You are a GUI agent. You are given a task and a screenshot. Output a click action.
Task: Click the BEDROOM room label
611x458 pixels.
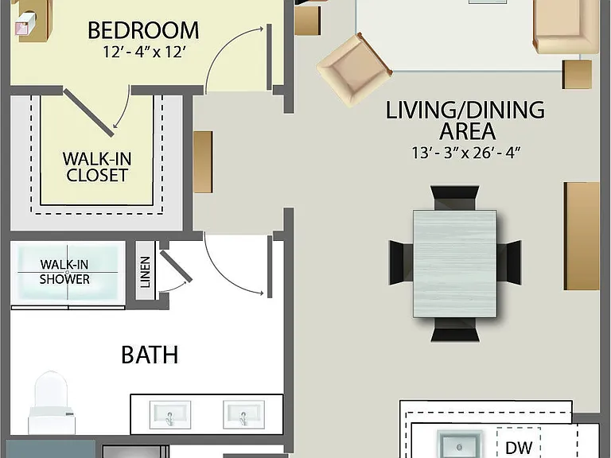143,30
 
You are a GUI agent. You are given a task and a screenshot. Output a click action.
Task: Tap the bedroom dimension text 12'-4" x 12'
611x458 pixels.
143,52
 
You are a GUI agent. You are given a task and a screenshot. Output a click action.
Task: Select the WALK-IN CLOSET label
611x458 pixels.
97,167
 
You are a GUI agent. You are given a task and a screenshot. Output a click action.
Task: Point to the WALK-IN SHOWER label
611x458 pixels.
64,272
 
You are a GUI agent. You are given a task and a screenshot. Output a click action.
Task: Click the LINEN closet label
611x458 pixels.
145,272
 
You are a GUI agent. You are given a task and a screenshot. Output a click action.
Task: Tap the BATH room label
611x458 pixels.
150,355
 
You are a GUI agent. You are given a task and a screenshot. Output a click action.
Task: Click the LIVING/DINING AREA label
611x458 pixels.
465,120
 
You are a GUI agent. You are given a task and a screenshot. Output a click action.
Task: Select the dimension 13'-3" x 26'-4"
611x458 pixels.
466,153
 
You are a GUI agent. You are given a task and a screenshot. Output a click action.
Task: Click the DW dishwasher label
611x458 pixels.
519,447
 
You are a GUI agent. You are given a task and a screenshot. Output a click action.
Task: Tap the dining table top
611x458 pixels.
455,264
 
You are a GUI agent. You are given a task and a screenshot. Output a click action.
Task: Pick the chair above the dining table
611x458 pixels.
455,198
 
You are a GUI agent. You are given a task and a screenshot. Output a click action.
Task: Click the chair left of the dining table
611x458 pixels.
401,262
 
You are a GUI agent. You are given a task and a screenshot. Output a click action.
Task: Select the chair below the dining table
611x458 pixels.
455,329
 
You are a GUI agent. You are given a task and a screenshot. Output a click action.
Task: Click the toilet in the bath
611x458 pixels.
52,403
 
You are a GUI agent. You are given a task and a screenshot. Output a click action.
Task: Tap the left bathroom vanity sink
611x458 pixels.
170,415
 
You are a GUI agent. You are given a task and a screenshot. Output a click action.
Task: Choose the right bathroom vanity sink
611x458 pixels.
243,415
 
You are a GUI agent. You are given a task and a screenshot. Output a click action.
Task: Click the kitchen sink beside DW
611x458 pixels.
460,445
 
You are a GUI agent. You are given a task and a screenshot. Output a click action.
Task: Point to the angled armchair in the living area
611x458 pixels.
354,70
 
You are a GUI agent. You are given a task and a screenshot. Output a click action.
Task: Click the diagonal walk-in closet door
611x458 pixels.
89,113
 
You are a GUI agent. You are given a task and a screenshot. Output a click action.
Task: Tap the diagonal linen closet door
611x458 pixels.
176,266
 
